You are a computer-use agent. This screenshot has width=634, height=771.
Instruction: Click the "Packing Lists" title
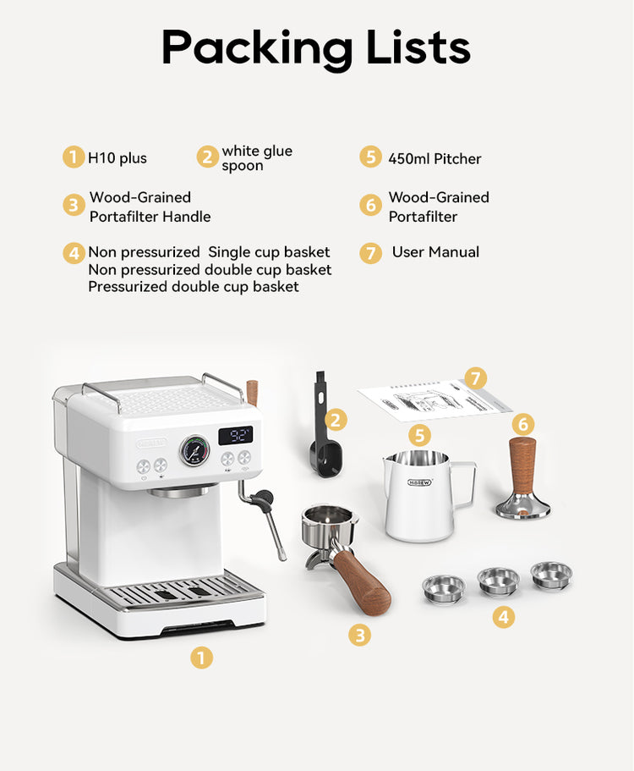point(316,47)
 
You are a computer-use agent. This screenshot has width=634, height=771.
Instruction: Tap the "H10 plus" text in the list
point(117,158)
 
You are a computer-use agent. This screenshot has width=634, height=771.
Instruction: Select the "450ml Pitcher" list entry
point(435,158)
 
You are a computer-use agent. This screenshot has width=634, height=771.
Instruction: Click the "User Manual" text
point(435,252)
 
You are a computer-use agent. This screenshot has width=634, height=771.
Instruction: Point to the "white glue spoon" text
point(256,158)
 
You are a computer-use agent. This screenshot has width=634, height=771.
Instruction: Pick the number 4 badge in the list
point(74,253)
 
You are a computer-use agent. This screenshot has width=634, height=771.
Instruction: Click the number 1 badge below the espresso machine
point(201,657)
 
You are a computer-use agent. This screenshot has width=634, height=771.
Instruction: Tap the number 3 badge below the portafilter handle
point(360,634)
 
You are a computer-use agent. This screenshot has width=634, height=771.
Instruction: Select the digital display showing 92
point(236,436)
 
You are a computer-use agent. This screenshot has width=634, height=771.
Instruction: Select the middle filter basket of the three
point(498,580)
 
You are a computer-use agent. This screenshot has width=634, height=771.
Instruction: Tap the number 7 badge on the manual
point(475,377)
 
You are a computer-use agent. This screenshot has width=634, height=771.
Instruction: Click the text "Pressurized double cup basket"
point(194,287)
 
